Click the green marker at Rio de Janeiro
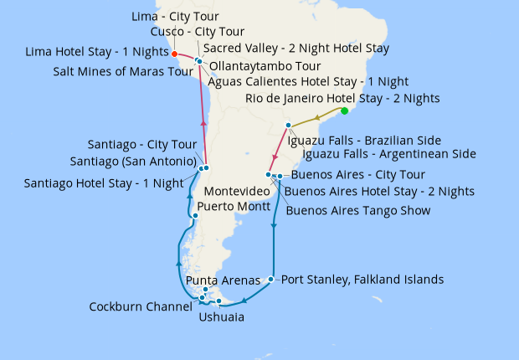pos(345,111)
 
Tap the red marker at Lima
pos(174,54)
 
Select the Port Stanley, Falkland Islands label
pos(362,280)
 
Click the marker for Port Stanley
pos(271,280)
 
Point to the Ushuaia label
pos(222,317)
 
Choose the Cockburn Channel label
pos(141,306)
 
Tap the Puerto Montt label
pos(234,206)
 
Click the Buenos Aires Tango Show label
pos(358,210)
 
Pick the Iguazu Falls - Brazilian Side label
pos(364,140)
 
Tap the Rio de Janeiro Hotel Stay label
pos(342,99)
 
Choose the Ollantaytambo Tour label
pos(265,65)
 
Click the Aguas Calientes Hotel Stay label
pos(308,81)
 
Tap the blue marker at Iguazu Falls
pos(288,126)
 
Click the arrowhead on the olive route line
pos(316,118)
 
